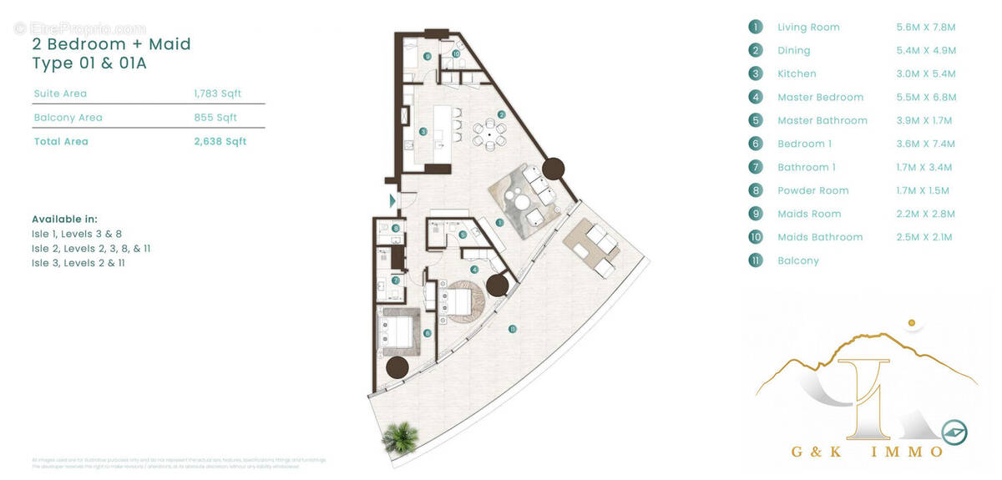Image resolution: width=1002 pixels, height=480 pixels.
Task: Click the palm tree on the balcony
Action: coord(399,437)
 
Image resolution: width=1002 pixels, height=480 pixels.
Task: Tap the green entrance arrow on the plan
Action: coord(392,200)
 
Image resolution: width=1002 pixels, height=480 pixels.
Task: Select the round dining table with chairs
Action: coord(489,134)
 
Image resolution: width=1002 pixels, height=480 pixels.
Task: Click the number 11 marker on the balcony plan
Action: coord(512,328)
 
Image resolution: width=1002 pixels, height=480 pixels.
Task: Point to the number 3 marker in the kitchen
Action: coord(423,132)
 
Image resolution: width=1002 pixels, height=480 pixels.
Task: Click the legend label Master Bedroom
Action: coord(820,97)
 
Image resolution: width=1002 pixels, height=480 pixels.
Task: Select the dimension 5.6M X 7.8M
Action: coord(925,27)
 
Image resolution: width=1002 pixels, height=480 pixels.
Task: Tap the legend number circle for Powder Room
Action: coord(756,190)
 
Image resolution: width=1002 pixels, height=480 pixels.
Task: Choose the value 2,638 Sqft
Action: coord(220,141)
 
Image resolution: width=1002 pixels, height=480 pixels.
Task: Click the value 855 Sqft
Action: coord(215,118)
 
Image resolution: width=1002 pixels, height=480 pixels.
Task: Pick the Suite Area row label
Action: coord(60,93)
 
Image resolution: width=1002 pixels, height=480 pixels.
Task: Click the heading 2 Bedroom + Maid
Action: coord(111,43)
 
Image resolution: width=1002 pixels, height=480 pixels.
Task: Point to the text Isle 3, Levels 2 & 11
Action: coord(78,263)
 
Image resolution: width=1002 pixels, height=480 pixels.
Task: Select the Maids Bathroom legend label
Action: coord(820,237)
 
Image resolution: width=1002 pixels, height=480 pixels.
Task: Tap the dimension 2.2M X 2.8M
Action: coord(925,214)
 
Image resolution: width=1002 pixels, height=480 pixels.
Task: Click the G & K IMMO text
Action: coord(867,452)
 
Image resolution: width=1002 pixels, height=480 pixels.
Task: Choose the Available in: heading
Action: coord(64,219)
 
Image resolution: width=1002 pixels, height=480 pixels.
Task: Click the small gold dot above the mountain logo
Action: coord(912,321)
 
